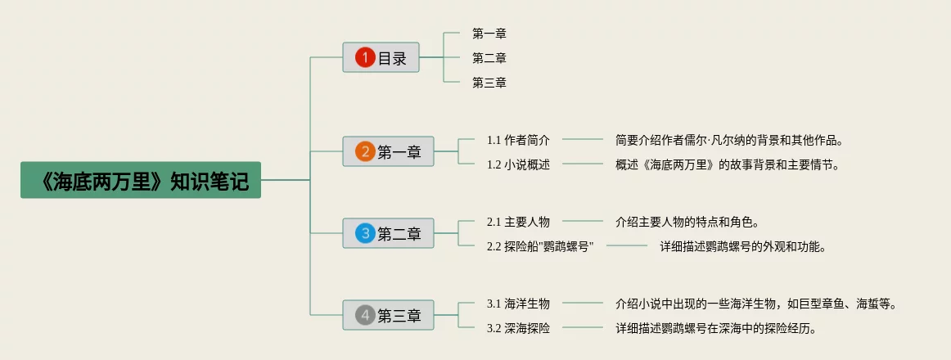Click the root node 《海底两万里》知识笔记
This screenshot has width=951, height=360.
pyautogui.click(x=141, y=180)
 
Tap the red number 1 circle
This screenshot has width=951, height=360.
pyautogui.click(x=365, y=57)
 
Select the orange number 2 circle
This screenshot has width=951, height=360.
pyautogui.click(x=365, y=151)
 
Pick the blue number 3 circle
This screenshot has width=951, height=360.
pyautogui.click(x=365, y=233)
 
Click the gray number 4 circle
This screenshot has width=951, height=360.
pyautogui.click(x=365, y=315)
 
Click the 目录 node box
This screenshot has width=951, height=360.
pyautogui.click(x=381, y=57)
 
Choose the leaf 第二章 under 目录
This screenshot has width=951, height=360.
pyautogui.click(x=489, y=58)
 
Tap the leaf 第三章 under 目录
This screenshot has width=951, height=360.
pyautogui.click(x=489, y=83)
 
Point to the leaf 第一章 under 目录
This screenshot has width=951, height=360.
pyautogui.click(x=489, y=34)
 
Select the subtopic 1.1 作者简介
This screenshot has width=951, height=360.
pyautogui.click(x=519, y=140)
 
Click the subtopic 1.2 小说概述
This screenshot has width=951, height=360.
pyautogui.click(x=519, y=164)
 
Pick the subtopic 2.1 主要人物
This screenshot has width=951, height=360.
pyautogui.click(x=519, y=222)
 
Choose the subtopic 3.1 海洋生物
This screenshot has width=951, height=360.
pyautogui.click(x=519, y=304)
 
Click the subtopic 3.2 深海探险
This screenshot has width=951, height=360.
pyautogui.click(x=519, y=328)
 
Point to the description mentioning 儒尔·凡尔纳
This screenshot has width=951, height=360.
pyautogui.click(x=730, y=140)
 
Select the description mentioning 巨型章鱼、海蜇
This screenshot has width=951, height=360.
pyautogui.click(x=755, y=304)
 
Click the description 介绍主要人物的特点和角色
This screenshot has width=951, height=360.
pyautogui.click(x=687, y=222)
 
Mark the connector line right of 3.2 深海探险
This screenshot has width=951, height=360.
pyautogui.click(x=583, y=328)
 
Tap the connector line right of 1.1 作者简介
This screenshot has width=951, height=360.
pyautogui.click(x=583, y=139)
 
